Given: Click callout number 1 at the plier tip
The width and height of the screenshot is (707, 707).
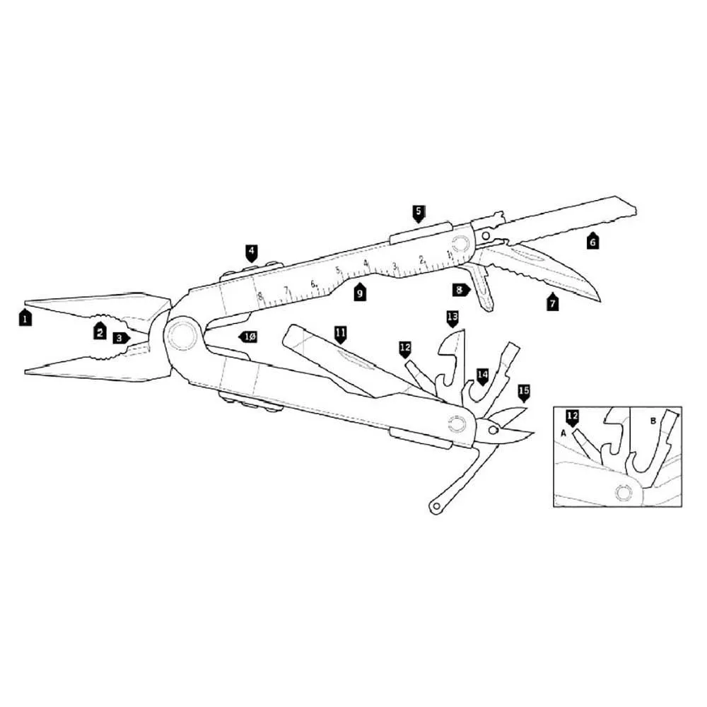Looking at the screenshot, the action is point(25,317).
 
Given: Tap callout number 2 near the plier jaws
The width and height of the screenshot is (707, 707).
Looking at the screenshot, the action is point(100,332).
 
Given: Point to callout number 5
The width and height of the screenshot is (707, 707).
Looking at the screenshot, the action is point(419,214).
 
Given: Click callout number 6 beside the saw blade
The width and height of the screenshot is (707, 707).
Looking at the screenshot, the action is point(593,241).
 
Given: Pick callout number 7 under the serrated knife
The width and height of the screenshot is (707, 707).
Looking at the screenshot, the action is point(552,302).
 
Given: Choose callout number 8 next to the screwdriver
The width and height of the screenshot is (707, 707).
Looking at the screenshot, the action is point(461,290).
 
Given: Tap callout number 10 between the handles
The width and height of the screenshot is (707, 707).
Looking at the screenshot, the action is point(247,337).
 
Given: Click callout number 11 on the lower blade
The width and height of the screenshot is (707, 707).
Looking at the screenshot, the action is point(341,335).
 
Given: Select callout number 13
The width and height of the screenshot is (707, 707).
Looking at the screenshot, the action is point(452,318).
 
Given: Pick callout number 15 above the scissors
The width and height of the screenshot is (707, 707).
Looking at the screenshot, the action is point(523,392).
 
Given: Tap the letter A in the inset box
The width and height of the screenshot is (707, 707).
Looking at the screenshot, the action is point(563,433).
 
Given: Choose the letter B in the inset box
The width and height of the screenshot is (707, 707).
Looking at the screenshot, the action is point(653,421).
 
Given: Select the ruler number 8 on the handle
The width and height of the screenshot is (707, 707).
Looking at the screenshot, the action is point(260,296).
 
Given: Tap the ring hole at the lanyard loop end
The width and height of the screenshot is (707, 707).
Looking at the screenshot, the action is point(436,506).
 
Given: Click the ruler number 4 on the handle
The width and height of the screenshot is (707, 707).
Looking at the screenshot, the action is point(366,263).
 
